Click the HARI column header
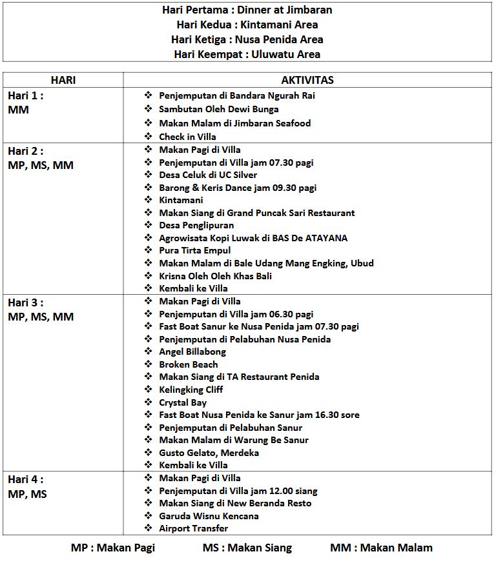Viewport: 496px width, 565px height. (x=63, y=80)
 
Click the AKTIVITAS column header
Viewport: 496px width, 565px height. (x=307, y=80)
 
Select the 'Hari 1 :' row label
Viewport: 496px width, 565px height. (x=26, y=95)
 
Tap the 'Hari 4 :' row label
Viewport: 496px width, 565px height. (x=26, y=479)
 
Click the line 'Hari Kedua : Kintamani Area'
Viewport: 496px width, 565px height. (x=247, y=25)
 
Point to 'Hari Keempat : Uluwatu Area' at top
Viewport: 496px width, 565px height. (x=247, y=54)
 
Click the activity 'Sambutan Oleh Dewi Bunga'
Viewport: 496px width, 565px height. (x=218, y=109)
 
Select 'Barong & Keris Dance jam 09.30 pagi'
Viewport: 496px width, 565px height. (x=237, y=188)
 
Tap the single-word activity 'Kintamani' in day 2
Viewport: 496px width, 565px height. (x=181, y=200)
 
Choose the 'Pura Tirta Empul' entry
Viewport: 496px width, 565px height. (x=194, y=250)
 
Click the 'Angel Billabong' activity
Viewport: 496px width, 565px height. (x=192, y=352)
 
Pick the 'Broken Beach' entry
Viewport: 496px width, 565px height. (x=188, y=364)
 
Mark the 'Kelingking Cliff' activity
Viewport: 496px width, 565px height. (x=191, y=390)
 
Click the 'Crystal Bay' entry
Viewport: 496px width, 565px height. (x=183, y=402)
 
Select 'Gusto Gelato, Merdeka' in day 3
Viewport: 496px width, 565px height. (x=209, y=453)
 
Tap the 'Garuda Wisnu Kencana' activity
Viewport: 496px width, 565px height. (x=209, y=516)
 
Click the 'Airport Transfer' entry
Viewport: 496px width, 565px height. (x=193, y=528)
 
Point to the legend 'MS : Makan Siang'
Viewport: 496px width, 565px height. (x=247, y=548)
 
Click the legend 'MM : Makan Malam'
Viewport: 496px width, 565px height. (x=381, y=548)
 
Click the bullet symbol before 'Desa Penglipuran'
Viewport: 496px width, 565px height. (x=148, y=225)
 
